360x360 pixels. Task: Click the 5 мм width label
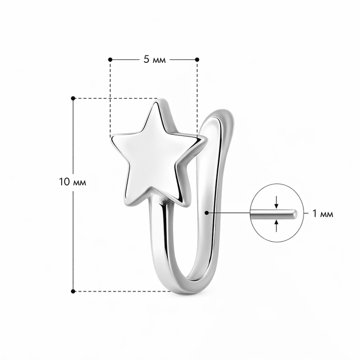(154, 59)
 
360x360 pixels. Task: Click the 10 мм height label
(73, 182)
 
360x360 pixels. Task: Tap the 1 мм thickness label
(323, 214)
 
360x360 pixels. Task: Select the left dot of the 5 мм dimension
(110, 59)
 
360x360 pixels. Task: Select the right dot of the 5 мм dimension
(197, 59)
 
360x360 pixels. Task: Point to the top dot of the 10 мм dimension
(73, 98)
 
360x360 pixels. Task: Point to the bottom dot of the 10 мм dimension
(73, 291)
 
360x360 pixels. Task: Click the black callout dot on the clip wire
(207, 213)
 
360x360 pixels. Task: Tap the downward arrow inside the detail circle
(277, 202)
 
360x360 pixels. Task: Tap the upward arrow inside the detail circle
(277, 226)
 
